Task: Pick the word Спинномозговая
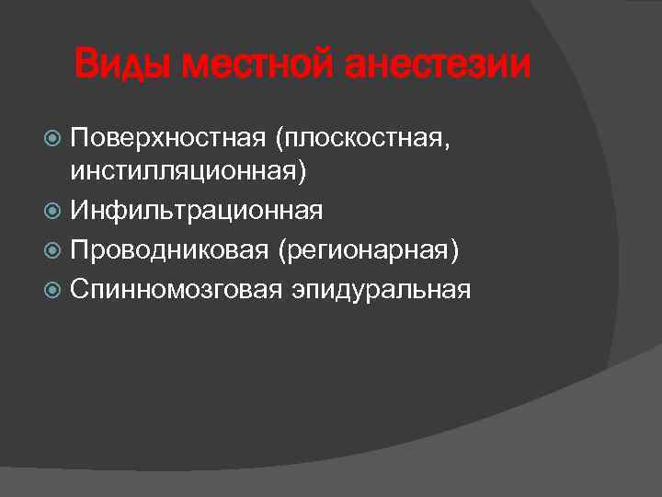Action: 177,289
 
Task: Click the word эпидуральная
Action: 382,289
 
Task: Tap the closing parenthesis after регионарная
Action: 453,250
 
